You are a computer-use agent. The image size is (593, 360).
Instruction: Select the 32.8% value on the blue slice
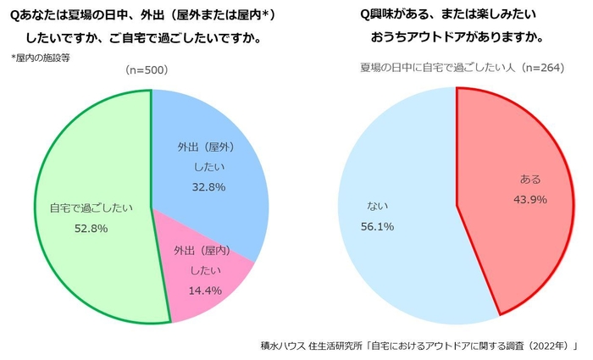(x=208, y=186)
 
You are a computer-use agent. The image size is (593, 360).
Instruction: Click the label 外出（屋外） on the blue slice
(x=208, y=145)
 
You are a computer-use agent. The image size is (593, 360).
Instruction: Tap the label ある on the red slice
(x=529, y=180)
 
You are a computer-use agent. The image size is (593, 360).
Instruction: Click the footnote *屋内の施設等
(x=43, y=57)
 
